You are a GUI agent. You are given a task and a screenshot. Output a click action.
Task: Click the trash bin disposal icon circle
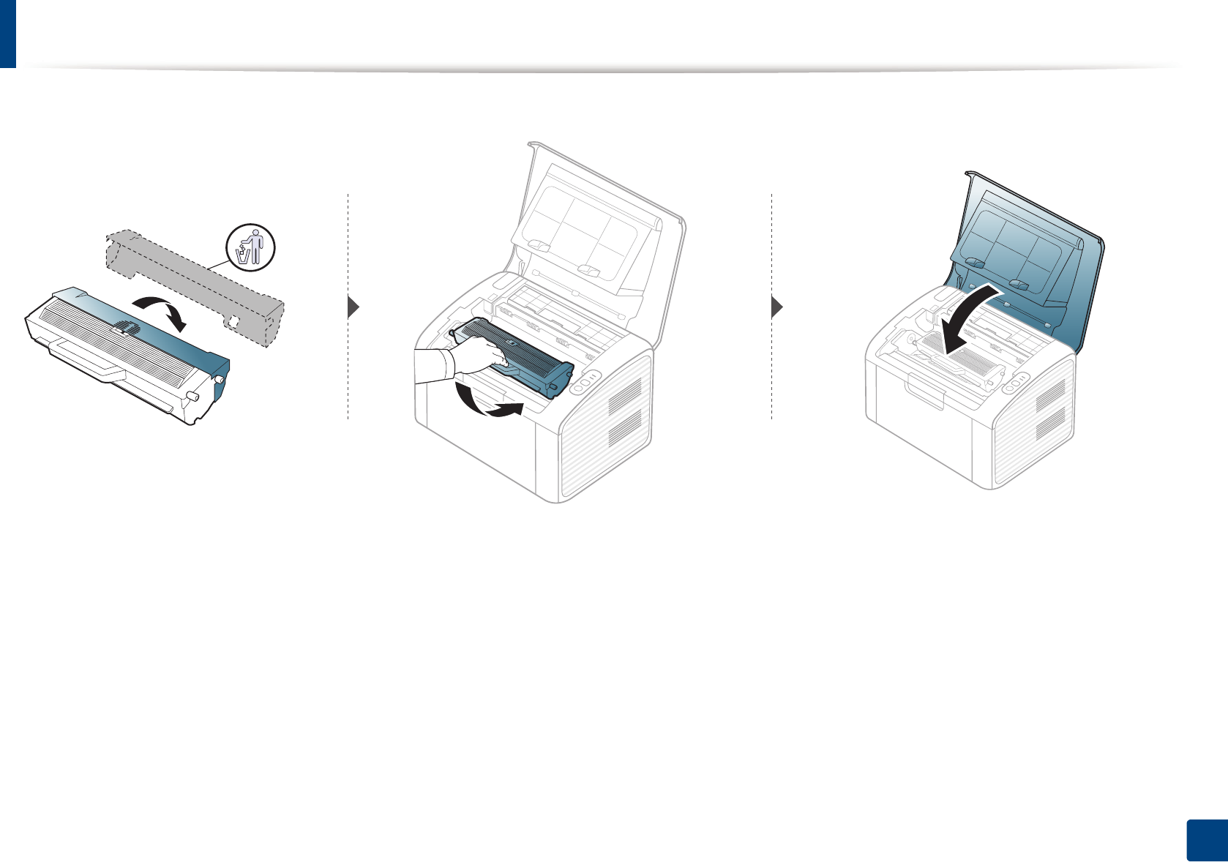coord(251,247)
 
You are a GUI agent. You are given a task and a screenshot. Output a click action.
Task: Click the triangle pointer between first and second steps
coord(353,307)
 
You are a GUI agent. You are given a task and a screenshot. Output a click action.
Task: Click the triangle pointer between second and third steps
coord(777,307)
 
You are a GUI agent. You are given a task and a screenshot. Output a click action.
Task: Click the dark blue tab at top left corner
coord(7,33)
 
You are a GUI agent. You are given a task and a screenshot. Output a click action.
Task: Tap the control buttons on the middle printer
coord(585,381)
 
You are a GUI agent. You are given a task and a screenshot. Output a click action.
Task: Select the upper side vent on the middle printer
coord(624,394)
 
